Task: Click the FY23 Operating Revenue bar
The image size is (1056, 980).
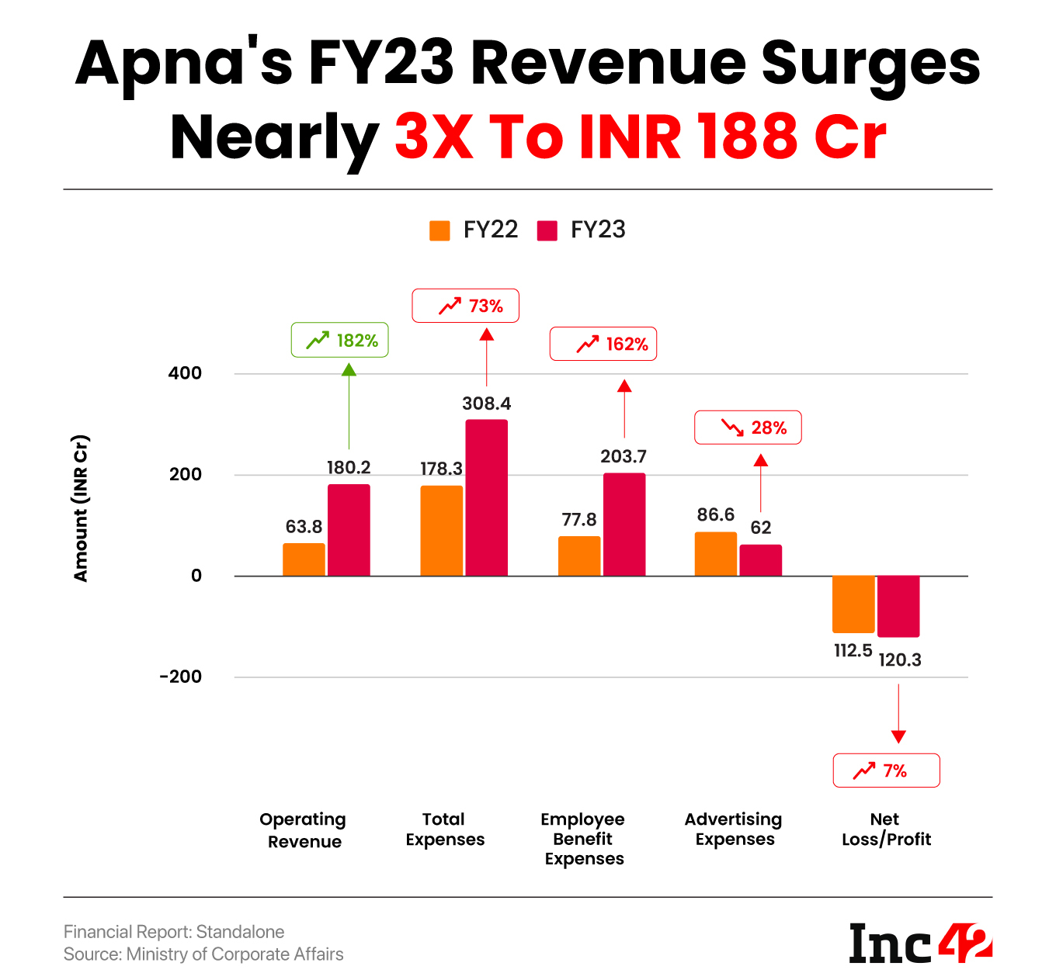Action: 349,530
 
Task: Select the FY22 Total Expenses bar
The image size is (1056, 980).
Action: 441,531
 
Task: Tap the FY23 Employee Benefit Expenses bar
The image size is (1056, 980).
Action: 624,525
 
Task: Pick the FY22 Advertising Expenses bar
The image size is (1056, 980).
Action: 715,554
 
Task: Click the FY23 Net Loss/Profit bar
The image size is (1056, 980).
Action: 898,606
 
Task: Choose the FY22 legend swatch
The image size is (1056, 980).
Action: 439,230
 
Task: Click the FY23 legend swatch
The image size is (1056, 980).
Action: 547,230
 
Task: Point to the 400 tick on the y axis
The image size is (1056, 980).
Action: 185,373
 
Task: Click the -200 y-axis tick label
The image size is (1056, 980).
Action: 180,677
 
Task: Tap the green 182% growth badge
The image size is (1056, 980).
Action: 339,340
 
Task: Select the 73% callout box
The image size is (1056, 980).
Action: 465,306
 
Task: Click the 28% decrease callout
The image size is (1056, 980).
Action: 748,428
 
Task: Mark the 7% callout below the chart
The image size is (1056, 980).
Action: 886,770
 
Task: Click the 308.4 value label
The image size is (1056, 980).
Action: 487,403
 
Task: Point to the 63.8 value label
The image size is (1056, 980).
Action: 304,527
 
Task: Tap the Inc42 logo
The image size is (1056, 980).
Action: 921,943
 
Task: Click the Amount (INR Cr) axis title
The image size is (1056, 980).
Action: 81,508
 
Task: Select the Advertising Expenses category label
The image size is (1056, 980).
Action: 734,829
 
